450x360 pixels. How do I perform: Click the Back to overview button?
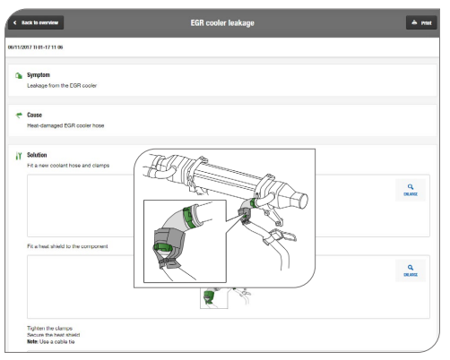(x=36, y=22)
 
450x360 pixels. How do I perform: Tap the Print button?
(x=421, y=22)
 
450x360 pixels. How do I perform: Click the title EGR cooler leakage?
(x=222, y=23)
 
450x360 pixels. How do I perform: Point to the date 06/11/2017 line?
(x=35, y=47)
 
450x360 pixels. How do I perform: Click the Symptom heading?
(x=39, y=75)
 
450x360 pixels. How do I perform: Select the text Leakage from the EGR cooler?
(x=62, y=86)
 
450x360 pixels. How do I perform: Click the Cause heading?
(x=34, y=115)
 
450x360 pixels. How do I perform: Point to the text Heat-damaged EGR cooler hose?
(x=65, y=125)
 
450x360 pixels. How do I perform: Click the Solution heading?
(x=37, y=155)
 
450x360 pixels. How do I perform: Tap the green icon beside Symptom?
(x=19, y=75)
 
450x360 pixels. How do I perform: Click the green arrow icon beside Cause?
(x=19, y=115)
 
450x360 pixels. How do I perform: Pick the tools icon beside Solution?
(x=19, y=156)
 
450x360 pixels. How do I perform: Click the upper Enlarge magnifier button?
(x=411, y=190)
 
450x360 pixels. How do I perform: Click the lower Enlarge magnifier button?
(x=411, y=270)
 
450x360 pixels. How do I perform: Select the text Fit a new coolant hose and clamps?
(x=68, y=166)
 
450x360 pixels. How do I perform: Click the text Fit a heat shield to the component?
(x=67, y=246)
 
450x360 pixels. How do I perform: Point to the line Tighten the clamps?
(x=49, y=328)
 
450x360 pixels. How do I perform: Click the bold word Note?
(x=32, y=342)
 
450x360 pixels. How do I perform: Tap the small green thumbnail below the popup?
(x=213, y=298)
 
